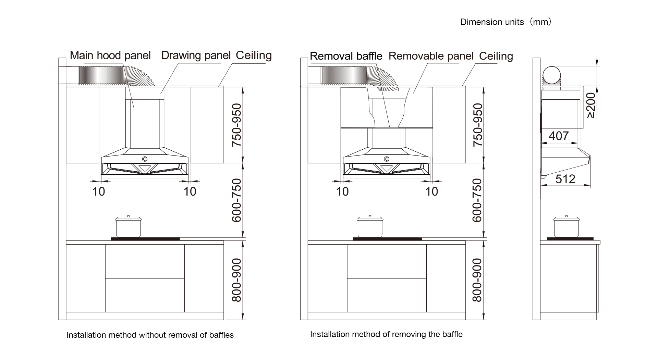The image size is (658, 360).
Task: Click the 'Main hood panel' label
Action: (x=110, y=55)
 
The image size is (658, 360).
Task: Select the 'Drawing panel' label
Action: (x=196, y=55)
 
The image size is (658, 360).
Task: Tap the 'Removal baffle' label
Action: (x=346, y=56)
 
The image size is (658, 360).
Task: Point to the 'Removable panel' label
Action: (x=431, y=56)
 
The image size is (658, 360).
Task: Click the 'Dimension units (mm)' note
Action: (x=506, y=22)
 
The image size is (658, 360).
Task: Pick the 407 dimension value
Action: (x=559, y=136)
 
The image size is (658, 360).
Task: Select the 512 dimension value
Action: (x=565, y=179)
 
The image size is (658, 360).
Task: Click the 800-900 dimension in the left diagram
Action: (x=236, y=280)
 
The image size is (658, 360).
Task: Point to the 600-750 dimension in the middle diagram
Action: (x=477, y=200)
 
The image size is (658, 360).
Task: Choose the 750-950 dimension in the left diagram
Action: (x=236, y=125)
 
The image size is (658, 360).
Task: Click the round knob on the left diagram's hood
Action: (x=145, y=159)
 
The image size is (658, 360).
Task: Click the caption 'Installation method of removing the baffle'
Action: (x=386, y=334)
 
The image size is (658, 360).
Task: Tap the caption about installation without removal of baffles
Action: (x=150, y=335)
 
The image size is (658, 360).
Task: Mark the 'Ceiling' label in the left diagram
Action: (x=254, y=55)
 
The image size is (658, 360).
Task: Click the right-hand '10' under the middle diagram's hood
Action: (x=431, y=191)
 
